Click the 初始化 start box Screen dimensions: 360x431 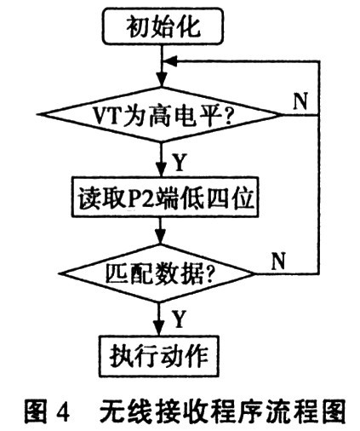point(163,26)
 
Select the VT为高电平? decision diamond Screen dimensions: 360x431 point(161,115)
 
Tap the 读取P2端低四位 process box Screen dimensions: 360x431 point(165,197)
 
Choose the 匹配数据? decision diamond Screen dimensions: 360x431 point(159,273)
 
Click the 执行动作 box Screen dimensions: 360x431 point(159,356)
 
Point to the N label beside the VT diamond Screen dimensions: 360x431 point(300,101)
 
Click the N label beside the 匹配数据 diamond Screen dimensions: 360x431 point(278,261)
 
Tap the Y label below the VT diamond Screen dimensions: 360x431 point(180,162)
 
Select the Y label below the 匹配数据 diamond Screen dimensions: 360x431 point(179,319)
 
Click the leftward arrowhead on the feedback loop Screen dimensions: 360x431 point(171,60)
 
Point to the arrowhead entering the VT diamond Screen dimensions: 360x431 point(162,80)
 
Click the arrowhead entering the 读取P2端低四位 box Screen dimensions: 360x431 point(162,170)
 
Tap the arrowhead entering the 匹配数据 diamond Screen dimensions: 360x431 point(160,238)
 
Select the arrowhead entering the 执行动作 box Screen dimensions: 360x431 point(158,329)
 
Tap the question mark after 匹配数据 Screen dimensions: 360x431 point(209,274)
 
